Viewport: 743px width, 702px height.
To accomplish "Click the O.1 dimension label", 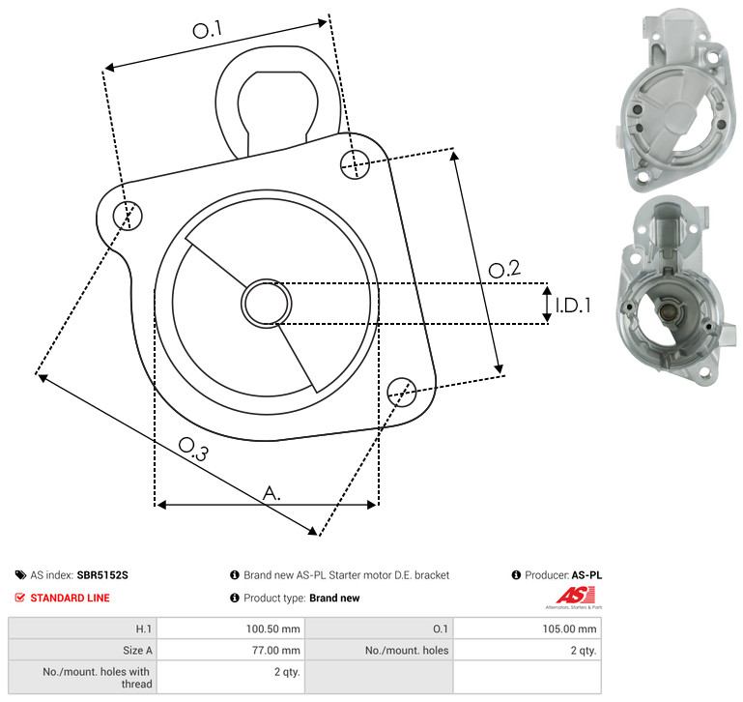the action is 208,30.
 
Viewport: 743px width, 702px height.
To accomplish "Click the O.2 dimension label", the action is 504,269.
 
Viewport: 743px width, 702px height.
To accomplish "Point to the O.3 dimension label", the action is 193,449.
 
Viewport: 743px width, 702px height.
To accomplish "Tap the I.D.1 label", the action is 573,306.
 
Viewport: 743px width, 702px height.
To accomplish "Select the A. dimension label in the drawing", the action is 271,493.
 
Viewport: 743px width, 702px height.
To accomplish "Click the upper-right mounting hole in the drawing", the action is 355,164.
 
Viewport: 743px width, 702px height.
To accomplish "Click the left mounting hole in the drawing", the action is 128,216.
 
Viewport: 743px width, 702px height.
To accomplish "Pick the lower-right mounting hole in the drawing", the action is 402,392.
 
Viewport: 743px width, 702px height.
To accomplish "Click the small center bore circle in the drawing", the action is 267,304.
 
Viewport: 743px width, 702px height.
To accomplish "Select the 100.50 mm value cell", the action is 272,629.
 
